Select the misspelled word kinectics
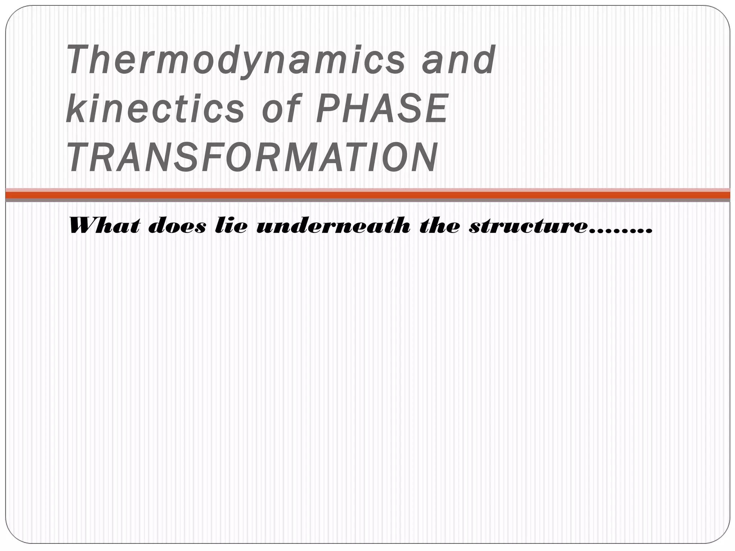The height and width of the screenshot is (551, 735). pyautogui.click(x=155, y=108)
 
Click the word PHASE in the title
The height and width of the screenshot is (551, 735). pyautogui.click(x=383, y=108)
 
